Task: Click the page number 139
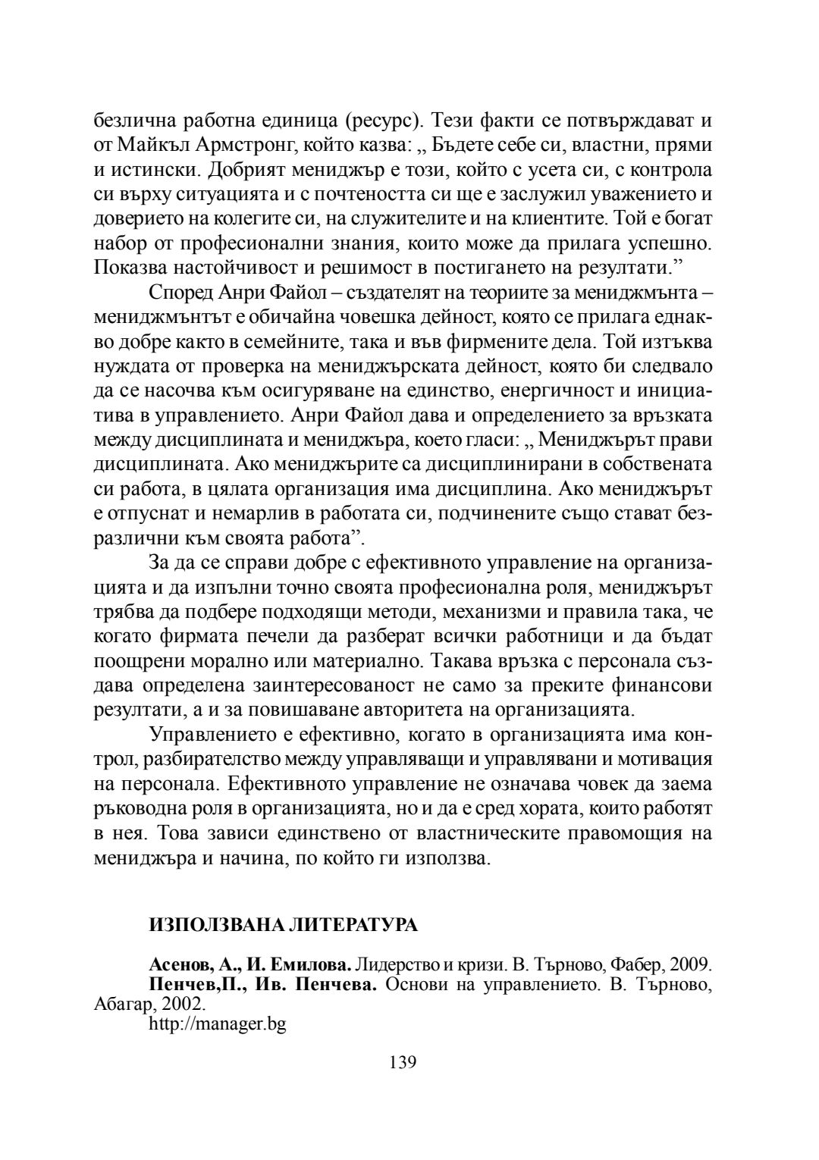[x=403, y=1061]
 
